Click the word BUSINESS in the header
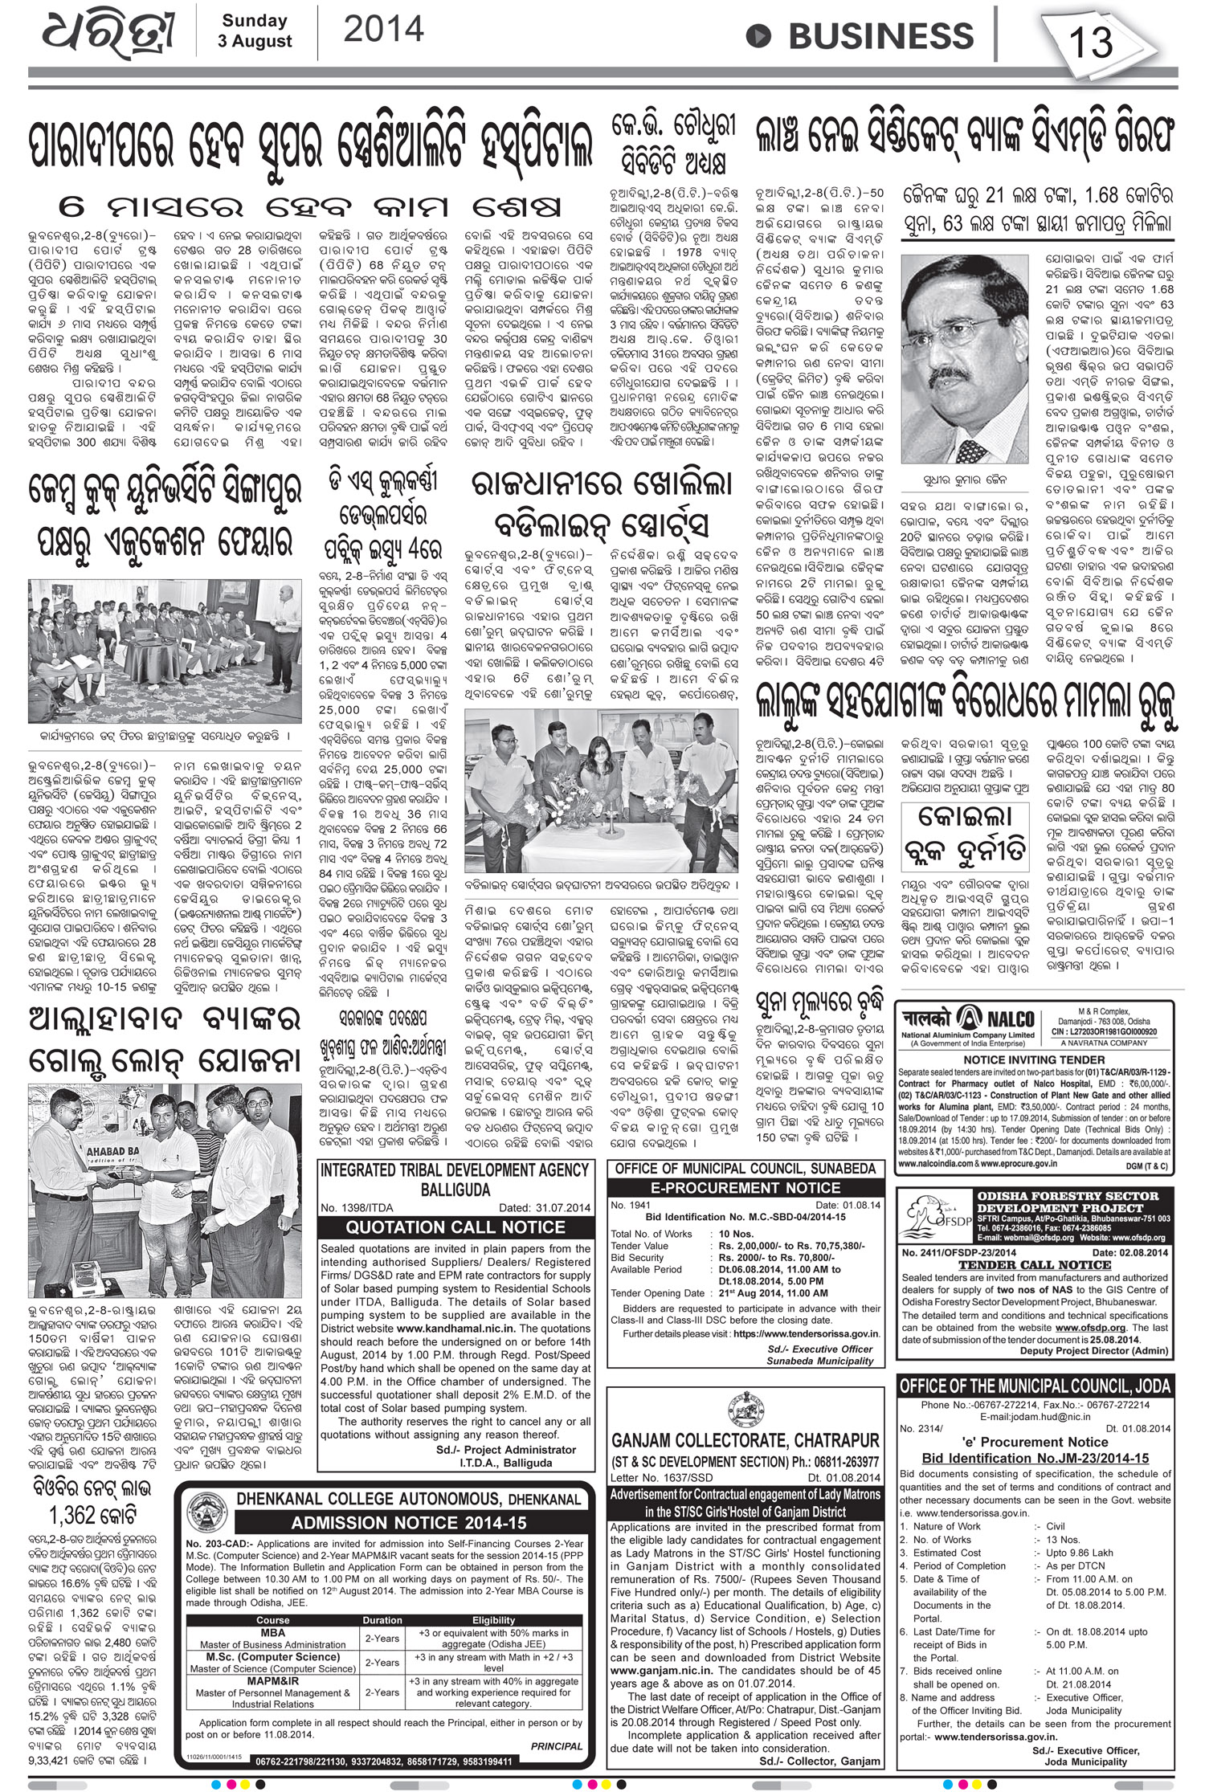pos(880,36)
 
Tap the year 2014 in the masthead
pos(383,30)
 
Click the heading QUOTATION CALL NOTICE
pos(455,1227)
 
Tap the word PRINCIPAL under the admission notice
pos(557,1695)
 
